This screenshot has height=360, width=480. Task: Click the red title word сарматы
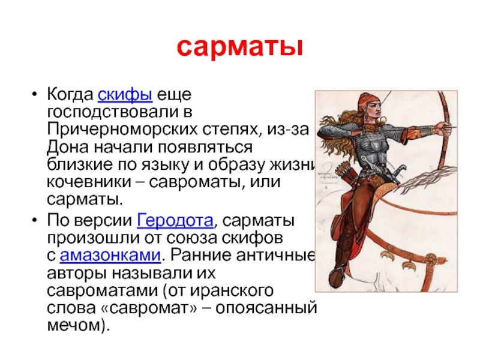click(x=239, y=47)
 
